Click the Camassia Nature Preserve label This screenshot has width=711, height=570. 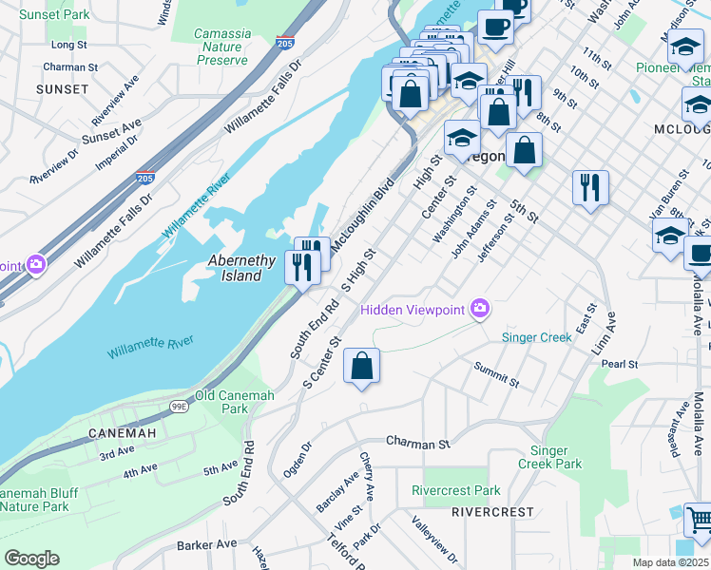[222, 47]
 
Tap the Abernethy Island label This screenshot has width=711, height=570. [242, 268]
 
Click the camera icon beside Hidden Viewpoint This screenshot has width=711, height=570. [481, 308]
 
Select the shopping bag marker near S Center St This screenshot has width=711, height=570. [361, 366]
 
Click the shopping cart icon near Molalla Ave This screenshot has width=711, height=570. [699, 520]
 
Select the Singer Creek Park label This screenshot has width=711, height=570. [549, 457]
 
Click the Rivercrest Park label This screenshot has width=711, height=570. [455, 491]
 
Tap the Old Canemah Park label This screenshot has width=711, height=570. [221, 402]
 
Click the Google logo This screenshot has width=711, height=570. [31, 558]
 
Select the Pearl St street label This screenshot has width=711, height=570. [618, 364]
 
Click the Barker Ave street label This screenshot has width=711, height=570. [206, 544]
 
